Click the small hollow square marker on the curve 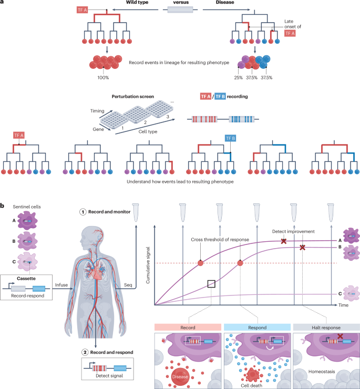pos(211,283)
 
